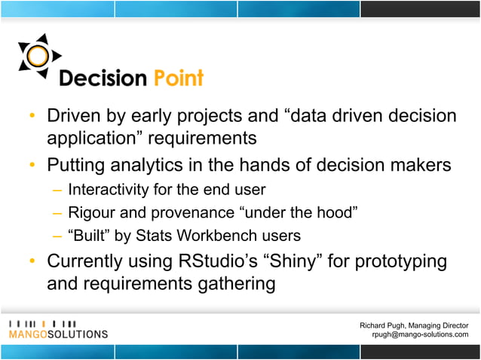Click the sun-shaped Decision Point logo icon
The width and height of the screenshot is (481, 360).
tap(35, 56)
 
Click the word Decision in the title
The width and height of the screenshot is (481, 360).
tap(104, 78)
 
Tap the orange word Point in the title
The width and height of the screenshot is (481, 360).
tap(178, 78)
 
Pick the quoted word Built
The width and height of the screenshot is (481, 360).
tap(90, 235)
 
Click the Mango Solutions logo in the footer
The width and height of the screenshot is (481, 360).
tap(58, 328)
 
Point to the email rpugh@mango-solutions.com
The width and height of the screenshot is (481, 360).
tap(420, 334)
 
